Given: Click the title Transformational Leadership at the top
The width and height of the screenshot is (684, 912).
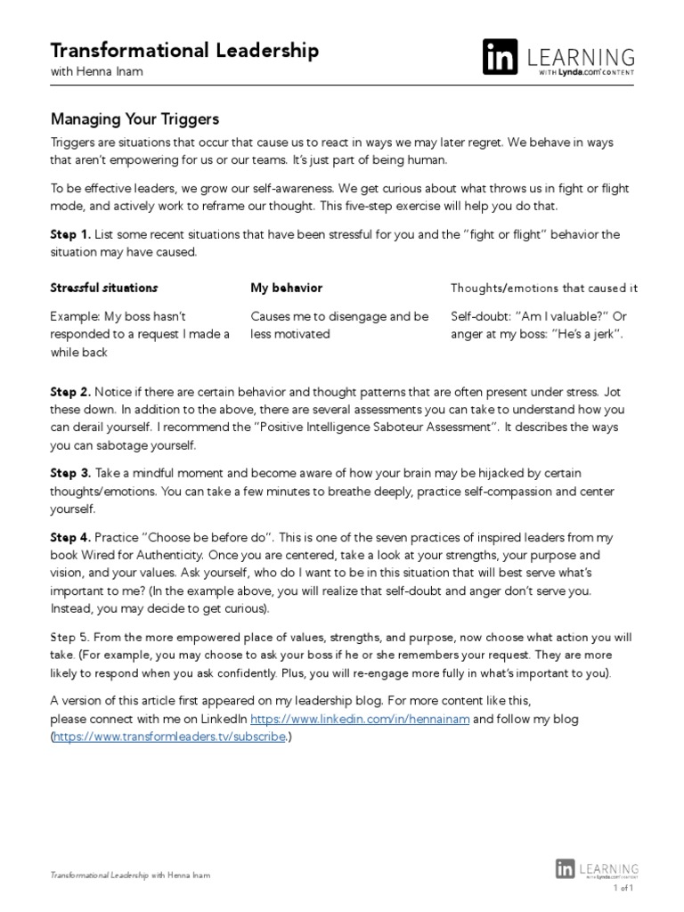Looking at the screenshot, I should tap(183, 51).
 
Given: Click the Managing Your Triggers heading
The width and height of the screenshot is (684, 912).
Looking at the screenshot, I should tap(134, 118).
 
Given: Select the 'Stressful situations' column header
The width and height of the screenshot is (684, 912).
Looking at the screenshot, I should tap(103, 289).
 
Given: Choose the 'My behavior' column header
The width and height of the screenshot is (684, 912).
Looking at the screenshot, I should tap(286, 289).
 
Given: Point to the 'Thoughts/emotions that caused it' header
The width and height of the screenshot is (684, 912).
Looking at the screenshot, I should tap(544, 289).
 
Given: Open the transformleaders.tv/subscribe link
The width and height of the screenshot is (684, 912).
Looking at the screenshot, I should tap(169, 737).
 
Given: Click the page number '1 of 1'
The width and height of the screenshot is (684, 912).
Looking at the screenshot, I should tap(623, 889).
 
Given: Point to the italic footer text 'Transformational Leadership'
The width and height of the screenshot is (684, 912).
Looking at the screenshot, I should tap(99, 876).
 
